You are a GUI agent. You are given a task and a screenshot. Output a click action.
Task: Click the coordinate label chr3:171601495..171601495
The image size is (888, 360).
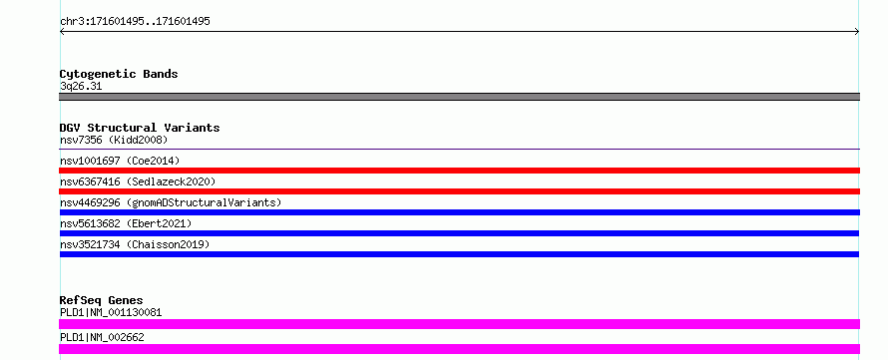point(135,22)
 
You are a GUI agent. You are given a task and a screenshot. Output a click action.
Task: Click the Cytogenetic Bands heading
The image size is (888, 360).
point(119,74)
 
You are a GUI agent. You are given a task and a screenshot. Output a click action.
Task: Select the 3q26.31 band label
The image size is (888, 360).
point(81,87)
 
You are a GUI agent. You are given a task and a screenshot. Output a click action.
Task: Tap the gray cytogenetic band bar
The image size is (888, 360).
point(459,97)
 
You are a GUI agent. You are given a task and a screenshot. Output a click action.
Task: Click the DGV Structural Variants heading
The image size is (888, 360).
point(140,128)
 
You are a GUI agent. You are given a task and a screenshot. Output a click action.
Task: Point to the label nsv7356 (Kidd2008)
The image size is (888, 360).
point(114,140)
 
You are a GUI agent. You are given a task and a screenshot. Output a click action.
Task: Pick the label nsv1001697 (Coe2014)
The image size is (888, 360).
point(120,161)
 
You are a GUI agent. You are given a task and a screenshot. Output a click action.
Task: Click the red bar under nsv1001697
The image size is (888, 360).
point(459,171)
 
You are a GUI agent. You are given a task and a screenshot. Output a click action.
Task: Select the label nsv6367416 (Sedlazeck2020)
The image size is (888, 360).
point(138,181)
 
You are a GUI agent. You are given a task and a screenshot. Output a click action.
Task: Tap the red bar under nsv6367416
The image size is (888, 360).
point(459,191)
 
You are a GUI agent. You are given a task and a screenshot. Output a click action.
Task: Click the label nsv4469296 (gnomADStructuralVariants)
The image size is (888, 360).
point(171,202)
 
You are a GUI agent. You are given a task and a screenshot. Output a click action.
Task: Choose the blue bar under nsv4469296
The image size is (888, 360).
point(459,212)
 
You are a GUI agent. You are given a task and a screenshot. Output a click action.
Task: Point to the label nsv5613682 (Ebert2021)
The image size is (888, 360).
point(126,223)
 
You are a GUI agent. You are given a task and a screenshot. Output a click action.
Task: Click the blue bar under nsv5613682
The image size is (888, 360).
point(459,233)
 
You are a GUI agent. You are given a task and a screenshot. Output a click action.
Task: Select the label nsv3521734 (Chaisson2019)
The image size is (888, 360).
point(135,244)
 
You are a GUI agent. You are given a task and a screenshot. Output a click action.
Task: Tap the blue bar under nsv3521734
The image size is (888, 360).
point(459,254)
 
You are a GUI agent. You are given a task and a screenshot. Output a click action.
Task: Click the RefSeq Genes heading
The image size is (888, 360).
point(102,300)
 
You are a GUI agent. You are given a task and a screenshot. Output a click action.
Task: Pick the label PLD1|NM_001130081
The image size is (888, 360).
point(111,312)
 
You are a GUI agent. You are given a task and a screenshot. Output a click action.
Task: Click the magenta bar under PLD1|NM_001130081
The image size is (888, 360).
point(459,324)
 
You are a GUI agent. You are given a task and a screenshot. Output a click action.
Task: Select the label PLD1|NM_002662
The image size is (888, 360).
point(102,337)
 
